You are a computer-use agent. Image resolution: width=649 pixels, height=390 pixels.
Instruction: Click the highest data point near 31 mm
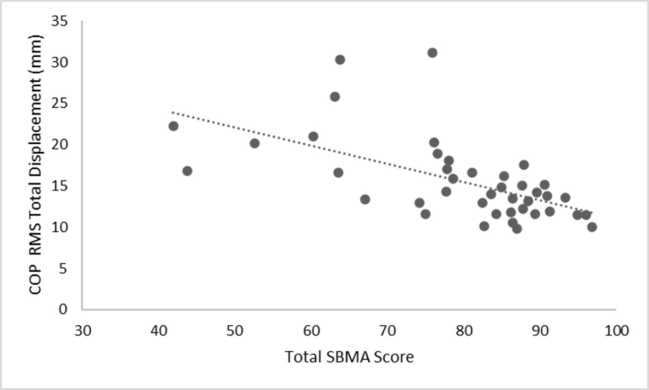432,53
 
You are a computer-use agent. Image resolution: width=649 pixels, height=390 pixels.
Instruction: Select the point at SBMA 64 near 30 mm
340,59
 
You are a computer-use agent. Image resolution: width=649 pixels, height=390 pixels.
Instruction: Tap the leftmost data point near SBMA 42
173,126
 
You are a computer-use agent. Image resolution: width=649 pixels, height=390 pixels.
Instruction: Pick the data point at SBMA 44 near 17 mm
187,171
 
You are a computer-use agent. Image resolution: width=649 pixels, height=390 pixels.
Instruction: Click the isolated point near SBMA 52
254,143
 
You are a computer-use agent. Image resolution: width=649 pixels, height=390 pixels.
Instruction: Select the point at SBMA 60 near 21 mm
313,136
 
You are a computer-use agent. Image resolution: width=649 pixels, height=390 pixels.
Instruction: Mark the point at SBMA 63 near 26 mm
335,97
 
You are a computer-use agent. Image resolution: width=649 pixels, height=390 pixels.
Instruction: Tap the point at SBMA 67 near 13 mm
365,200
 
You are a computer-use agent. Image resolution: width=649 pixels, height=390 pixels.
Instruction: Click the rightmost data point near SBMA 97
592,227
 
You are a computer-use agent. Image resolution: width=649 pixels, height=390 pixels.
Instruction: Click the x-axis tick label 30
83,331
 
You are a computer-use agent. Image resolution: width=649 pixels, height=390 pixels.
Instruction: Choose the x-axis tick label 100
616,331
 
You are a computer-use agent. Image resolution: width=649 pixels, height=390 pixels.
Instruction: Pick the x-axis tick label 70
387,331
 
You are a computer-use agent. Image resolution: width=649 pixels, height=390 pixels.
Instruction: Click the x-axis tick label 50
235,331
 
